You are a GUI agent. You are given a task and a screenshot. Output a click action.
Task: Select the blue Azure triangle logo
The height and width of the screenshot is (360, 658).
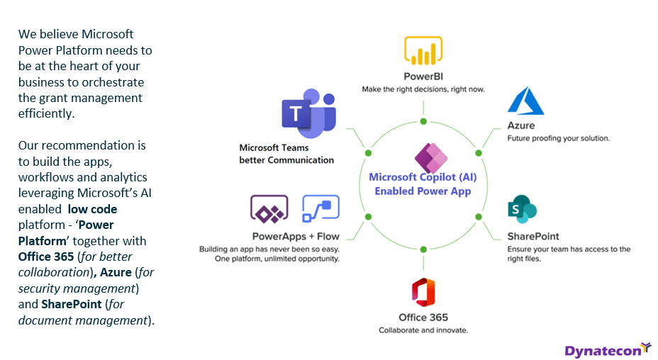(x=525, y=101)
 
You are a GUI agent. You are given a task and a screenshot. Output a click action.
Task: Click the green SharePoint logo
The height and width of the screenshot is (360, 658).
(x=522, y=210)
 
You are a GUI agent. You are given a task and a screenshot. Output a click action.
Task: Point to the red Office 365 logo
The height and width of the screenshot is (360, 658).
(x=423, y=293)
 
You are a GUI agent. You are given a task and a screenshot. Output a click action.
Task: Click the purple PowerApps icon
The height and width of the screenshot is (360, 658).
(x=269, y=209)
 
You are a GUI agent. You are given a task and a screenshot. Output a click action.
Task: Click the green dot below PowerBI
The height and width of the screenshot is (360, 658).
(x=423, y=122)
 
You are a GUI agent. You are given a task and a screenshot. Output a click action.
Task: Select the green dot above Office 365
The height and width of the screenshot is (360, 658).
(x=423, y=249)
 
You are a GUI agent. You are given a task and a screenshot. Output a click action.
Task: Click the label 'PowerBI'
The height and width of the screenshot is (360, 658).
(x=423, y=77)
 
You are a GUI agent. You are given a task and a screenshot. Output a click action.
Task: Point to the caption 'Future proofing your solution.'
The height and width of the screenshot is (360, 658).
(x=558, y=138)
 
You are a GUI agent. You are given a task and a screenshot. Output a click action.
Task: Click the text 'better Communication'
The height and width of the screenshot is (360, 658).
(x=286, y=160)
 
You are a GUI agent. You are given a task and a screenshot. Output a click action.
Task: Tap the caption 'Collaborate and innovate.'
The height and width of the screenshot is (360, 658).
(x=423, y=330)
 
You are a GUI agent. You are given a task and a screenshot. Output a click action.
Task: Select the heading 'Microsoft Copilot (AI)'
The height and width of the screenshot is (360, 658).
(x=423, y=178)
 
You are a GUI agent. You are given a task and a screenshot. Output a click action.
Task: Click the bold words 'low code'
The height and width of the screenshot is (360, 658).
(x=93, y=209)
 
